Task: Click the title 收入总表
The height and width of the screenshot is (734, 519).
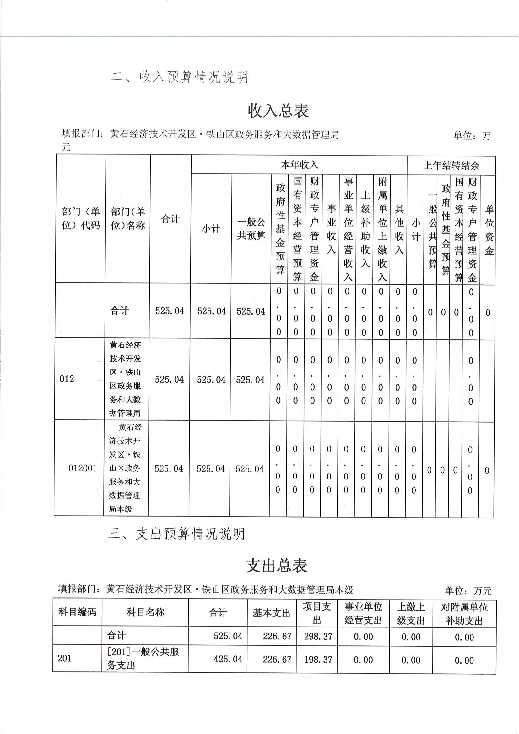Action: (x=278, y=111)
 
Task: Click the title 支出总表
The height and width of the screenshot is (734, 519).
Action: (x=276, y=566)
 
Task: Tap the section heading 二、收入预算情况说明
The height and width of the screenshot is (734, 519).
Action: (x=180, y=77)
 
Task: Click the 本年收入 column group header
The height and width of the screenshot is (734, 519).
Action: (x=299, y=165)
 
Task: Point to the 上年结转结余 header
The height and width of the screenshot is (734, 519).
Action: (x=451, y=166)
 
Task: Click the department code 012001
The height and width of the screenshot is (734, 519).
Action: (x=83, y=468)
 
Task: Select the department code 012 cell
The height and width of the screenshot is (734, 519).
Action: (x=67, y=379)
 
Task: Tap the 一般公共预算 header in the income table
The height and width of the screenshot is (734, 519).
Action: (x=251, y=229)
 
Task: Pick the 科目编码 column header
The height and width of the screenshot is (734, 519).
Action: (x=77, y=612)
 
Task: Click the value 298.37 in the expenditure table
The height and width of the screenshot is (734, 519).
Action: (x=318, y=636)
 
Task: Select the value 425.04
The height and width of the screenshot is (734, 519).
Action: (x=228, y=659)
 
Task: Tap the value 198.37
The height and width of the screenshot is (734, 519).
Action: (x=318, y=660)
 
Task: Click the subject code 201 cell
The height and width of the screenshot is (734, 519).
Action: (x=65, y=659)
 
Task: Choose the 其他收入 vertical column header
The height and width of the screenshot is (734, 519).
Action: (x=399, y=229)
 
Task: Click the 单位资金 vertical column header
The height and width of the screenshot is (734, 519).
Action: (x=489, y=230)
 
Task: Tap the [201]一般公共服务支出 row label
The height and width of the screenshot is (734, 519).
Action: (x=143, y=659)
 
